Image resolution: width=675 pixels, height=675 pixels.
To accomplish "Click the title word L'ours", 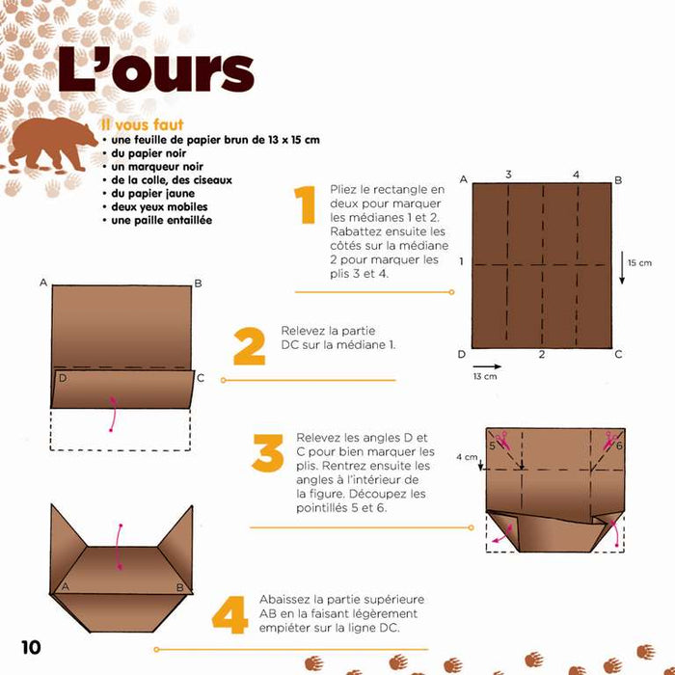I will pyautogui.click(x=155, y=70).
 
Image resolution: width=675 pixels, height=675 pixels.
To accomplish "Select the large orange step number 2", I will pyautogui.click(x=249, y=345).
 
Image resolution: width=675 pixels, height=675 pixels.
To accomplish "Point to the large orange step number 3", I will pyautogui.click(x=267, y=453).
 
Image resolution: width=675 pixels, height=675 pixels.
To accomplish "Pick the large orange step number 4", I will pyautogui.click(x=230, y=614).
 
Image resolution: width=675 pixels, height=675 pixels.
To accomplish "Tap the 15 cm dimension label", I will pyautogui.click(x=639, y=262).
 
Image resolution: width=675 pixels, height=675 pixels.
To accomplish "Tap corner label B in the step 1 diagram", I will pyautogui.click(x=617, y=179).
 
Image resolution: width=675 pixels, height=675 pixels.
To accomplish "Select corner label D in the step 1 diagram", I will pyautogui.click(x=463, y=354).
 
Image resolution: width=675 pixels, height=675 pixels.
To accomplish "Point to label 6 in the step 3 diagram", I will pyautogui.click(x=619, y=446).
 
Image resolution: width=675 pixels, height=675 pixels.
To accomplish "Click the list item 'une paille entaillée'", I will pyautogui.click(x=159, y=220).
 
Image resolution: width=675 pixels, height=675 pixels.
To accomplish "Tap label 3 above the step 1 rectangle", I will pyautogui.click(x=508, y=175).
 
